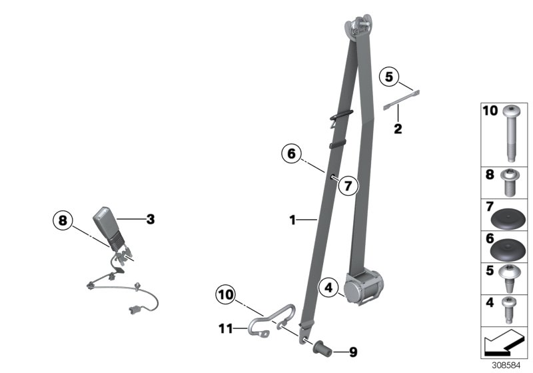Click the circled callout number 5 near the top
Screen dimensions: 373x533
[x=390, y=77]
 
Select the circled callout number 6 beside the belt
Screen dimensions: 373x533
[x=291, y=154]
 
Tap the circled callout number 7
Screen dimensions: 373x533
[x=347, y=185]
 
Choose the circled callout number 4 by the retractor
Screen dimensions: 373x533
[x=328, y=288]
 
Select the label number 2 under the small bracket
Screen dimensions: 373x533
[x=398, y=129]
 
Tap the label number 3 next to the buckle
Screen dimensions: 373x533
[x=150, y=218]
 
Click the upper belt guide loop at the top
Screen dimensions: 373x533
[x=358, y=26]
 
